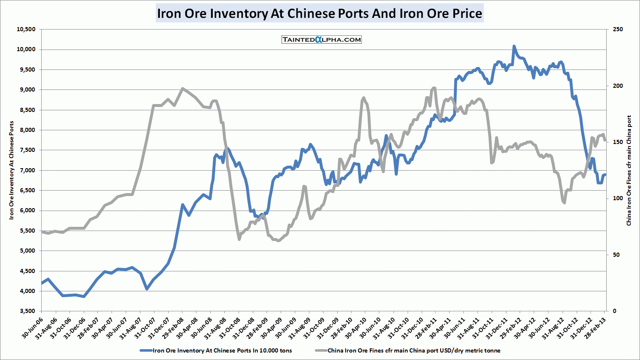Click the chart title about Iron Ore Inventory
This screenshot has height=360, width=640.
coord(319,13)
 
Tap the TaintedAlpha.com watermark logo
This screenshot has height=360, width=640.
coord(321,40)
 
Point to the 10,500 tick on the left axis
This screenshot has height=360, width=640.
coord(26,29)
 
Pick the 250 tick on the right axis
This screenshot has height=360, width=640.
coord(618,29)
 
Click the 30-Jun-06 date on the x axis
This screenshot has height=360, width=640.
coord(32,326)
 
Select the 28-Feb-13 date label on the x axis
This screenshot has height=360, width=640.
coord(595,326)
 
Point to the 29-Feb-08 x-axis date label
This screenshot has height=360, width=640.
coord(172,326)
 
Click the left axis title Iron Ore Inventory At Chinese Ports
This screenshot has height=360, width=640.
coord(12,170)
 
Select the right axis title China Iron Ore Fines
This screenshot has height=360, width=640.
coord(629,170)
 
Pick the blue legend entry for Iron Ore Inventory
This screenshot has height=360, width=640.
coord(216,350)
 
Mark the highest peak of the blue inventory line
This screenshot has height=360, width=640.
coord(514,46)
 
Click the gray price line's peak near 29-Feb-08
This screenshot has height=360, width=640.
coord(182,89)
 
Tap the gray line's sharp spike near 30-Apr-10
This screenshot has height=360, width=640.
coord(364,98)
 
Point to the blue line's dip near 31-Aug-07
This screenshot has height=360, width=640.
coord(147,288)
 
